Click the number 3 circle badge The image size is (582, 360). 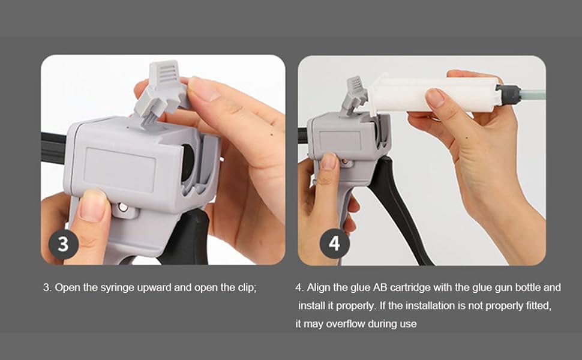pos(64,245)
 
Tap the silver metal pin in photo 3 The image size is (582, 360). pos(123,207)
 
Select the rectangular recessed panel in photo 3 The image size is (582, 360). pos(120,169)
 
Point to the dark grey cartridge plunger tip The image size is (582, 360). pos(507,94)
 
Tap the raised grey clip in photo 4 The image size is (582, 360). pos(355,95)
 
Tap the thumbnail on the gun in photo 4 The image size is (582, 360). pos(328,161)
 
